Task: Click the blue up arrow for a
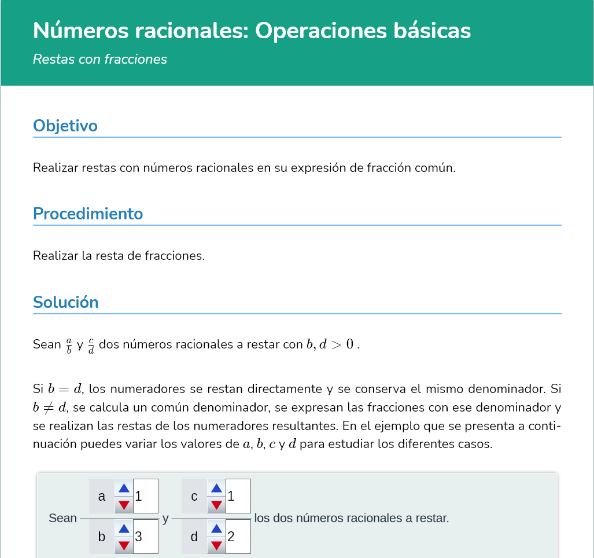pos(124,488)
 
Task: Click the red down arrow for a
pos(124,505)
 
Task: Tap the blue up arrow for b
pos(124,528)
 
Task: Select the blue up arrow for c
pos(216,488)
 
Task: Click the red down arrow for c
pos(216,505)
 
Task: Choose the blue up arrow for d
pos(216,528)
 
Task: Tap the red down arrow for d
pos(216,545)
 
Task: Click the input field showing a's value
pos(146,496)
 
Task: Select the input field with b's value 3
pos(146,537)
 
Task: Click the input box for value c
pos(238,496)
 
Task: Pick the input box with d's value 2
pos(238,537)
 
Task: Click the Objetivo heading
pos(65,126)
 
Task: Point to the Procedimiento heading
pos(88,214)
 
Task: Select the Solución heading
pos(65,302)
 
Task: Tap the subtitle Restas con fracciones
pos(100,59)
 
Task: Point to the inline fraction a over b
pos(69,345)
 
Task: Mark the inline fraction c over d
pos(91,345)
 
